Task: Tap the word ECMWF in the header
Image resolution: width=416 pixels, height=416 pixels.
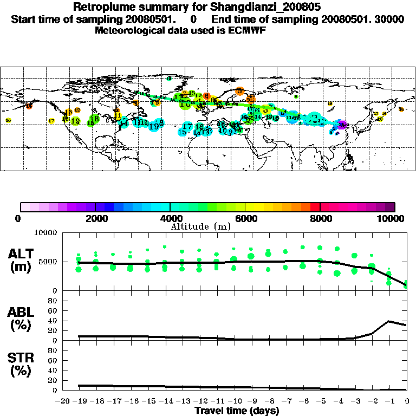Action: click(246, 30)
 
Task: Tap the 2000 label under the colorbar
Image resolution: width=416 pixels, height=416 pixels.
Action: click(95, 218)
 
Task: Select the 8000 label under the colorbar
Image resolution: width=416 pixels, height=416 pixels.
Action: click(320, 218)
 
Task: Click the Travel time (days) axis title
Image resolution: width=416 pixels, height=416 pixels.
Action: click(237, 411)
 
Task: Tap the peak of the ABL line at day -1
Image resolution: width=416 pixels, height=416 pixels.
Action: click(390, 321)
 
